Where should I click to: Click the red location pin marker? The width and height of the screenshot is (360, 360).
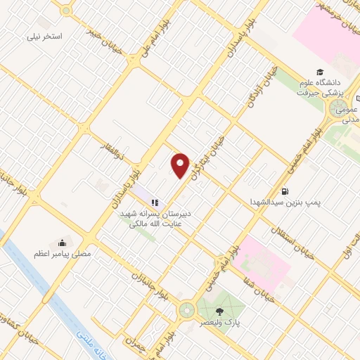pyautogui.click(x=181, y=165)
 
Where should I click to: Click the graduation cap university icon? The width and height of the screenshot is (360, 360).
pyautogui.click(x=320, y=73)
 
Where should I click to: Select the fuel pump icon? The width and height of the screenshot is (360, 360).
pyautogui.click(x=285, y=191)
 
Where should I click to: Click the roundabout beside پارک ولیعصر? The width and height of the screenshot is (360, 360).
pyautogui.click(x=188, y=309)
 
